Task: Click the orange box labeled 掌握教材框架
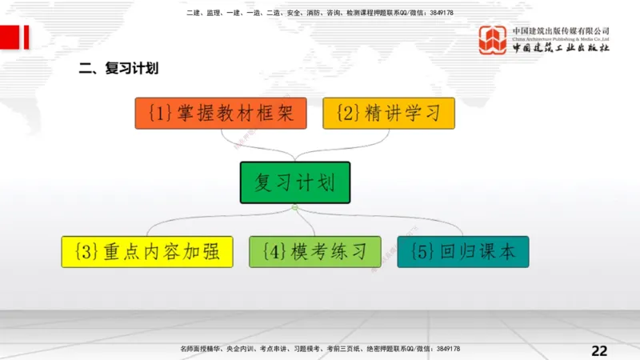[220, 113]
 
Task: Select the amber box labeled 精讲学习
[389, 113]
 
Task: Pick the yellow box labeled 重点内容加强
[147, 251]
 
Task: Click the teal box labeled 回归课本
[463, 251]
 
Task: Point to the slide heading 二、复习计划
[118, 69]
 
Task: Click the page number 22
[599, 350]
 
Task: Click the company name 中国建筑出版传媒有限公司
[560, 30]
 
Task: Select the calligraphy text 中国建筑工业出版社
[560, 48]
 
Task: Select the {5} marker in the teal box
[422, 252]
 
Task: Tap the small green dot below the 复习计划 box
[294, 208]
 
